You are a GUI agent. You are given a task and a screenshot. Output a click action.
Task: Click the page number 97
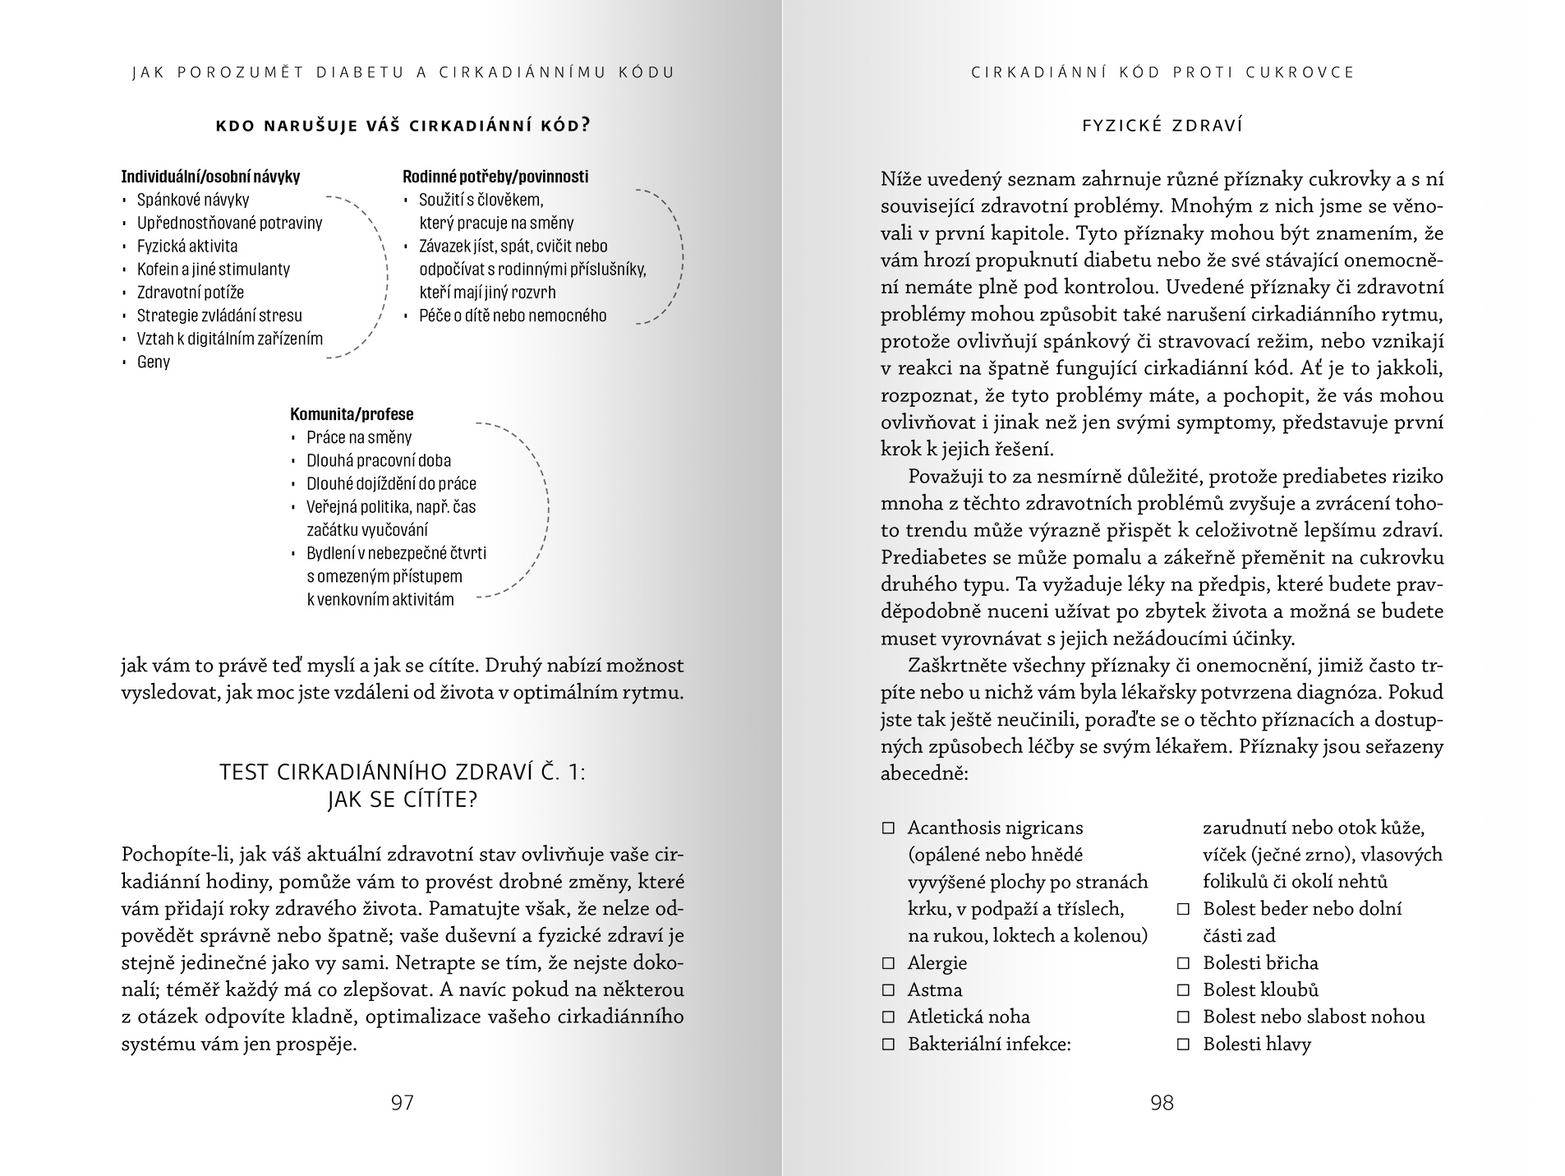pyautogui.click(x=403, y=1103)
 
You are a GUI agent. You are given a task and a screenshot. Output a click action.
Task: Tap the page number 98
pyautogui.click(x=1162, y=1103)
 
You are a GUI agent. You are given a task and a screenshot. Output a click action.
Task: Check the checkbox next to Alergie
pyautogui.click(x=888, y=963)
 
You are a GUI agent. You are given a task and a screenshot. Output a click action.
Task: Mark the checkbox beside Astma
pyautogui.click(x=888, y=990)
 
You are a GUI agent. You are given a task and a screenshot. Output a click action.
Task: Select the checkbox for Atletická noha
pyautogui.click(x=888, y=1017)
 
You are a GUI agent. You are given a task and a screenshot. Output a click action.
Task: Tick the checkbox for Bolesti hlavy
pyautogui.click(x=1184, y=1045)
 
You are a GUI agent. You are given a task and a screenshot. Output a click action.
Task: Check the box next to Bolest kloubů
pyautogui.click(x=1184, y=990)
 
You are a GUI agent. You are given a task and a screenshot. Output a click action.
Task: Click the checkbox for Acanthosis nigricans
pyautogui.click(x=888, y=828)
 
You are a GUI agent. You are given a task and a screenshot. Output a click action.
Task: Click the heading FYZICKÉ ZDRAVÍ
pyautogui.click(x=1162, y=126)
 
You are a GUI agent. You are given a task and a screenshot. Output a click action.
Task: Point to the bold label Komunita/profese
pyautogui.click(x=352, y=414)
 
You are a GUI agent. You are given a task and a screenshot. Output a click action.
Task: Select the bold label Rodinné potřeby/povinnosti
pyautogui.click(x=495, y=177)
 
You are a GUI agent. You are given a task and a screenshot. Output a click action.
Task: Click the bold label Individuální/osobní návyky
pyautogui.click(x=210, y=177)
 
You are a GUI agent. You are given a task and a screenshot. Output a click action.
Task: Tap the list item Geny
pyautogui.click(x=154, y=362)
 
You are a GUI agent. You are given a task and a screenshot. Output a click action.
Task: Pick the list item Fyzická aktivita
pyautogui.click(x=187, y=246)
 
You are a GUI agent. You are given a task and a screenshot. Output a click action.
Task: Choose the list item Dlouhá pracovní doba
pyautogui.click(x=379, y=460)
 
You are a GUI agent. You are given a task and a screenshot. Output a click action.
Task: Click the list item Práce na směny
pyautogui.click(x=359, y=437)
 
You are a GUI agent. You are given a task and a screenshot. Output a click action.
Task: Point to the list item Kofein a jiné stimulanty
pyautogui.click(x=214, y=269)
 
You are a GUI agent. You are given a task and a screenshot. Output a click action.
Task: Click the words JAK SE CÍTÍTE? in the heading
pyautogui.click(x=403, y=800)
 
